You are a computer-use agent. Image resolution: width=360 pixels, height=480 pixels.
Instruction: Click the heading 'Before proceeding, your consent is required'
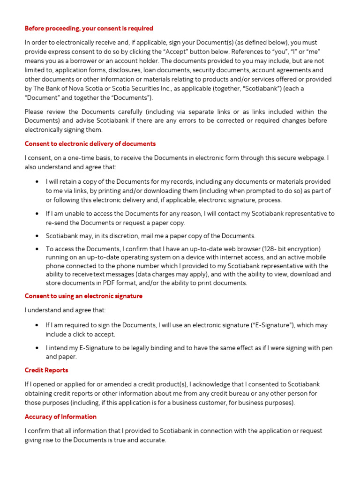[89, 29]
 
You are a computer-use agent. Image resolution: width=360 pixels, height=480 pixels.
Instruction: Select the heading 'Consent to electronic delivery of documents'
[90, 144]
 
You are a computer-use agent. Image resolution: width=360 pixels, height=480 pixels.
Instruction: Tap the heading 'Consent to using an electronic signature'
[83, 296]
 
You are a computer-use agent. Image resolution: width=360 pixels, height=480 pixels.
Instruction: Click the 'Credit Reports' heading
[46, 370]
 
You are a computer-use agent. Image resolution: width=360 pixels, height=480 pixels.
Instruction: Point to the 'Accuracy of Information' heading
[60, 417]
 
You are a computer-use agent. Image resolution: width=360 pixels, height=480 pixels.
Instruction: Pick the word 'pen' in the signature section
[327, 348]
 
